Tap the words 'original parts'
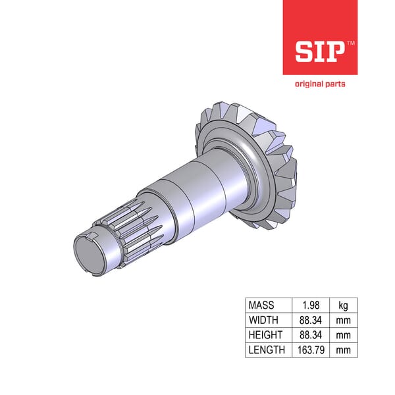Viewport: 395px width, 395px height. coord(319,84)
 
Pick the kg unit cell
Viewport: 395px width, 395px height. coord(344,305)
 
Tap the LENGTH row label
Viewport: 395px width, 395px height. coord(266,350)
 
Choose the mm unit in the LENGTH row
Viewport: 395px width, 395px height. coord(344,350)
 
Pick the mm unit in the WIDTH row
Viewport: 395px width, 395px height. coord(344,320)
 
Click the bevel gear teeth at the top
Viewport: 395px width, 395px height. coord(227,109)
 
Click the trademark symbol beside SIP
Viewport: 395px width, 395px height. coord(350,42)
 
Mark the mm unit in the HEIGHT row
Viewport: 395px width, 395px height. coord(344,335)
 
